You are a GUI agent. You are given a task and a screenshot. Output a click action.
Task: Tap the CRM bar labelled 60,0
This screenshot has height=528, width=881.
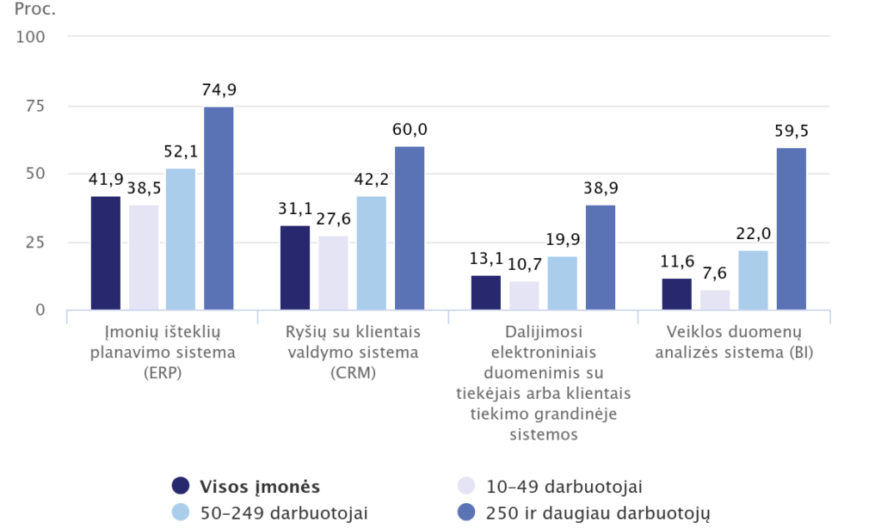410,228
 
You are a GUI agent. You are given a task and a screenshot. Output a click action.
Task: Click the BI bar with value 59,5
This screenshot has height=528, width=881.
792,229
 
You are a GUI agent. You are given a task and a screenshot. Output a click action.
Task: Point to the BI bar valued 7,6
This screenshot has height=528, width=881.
716,300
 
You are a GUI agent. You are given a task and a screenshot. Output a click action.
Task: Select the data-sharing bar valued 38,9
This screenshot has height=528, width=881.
601,257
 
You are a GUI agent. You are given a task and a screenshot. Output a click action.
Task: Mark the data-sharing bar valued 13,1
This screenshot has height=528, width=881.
486,292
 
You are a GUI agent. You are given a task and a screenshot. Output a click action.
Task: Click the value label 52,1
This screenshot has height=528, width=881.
181,151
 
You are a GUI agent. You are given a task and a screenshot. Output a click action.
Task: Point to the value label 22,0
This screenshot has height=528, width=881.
754,234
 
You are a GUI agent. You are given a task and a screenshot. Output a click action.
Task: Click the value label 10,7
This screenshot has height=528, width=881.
525,265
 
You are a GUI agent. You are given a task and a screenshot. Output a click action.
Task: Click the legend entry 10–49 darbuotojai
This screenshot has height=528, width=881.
564,487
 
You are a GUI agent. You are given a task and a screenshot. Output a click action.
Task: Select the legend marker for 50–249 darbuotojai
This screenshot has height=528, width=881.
181,513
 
